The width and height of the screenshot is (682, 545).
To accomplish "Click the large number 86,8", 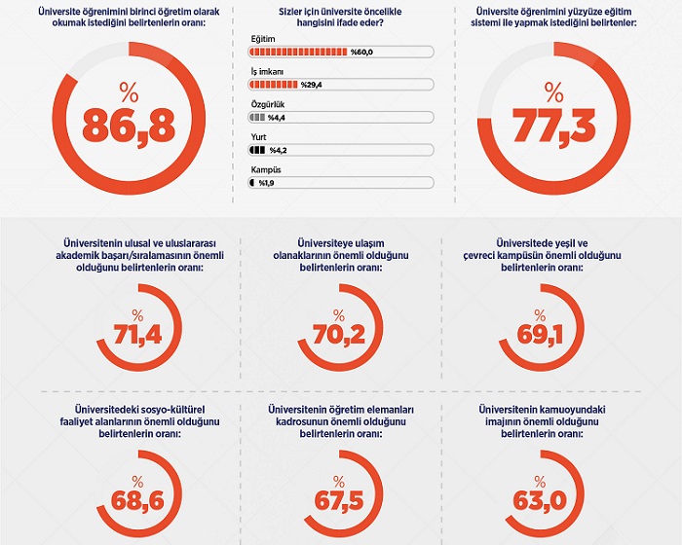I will point(129,125).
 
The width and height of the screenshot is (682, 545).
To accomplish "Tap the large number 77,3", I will point(554,125).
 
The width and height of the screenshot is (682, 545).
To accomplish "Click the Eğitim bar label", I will point(263,36).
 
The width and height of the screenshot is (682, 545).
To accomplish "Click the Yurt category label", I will point(259,135).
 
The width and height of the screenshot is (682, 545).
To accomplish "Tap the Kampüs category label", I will point(265,168).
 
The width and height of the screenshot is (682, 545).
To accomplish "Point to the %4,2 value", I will point(281,150).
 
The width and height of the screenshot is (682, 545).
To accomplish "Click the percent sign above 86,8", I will point(129,92).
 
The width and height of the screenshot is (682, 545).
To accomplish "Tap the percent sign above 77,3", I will point(554,92).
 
